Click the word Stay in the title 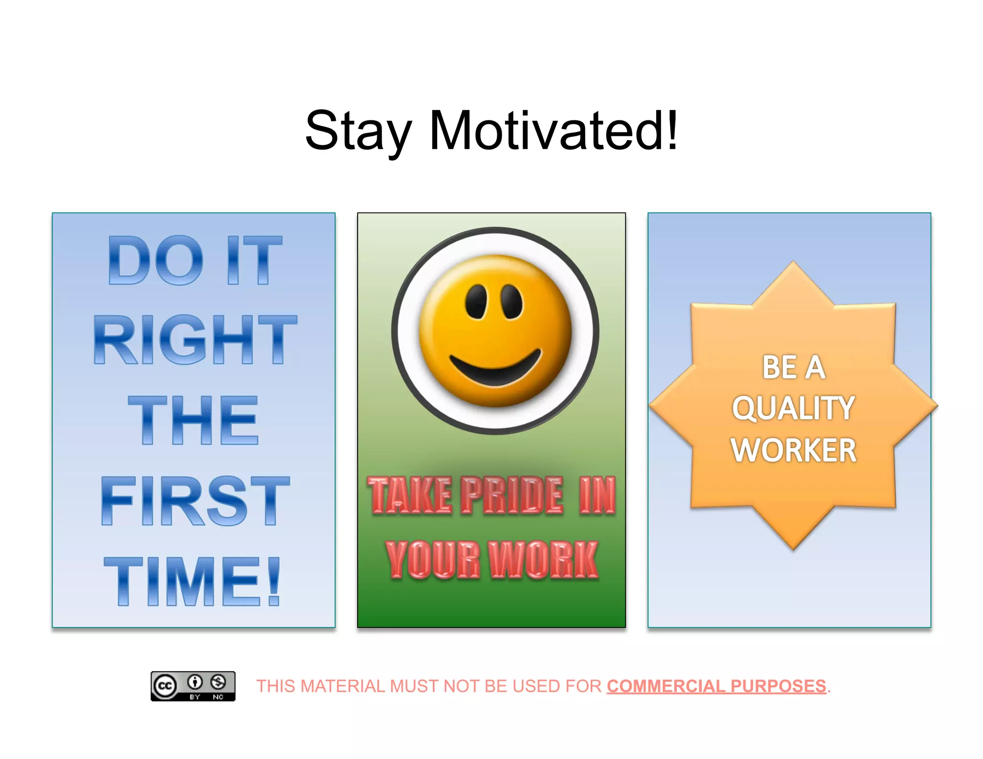pos(358,130)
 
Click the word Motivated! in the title pos(553,130)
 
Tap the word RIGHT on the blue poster pos(195,339)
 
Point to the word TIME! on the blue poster pos(192,581)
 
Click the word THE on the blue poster pos(193,420)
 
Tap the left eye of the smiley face pos(476,301)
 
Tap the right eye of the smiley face pos(512,301)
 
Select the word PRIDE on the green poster pos(512,495)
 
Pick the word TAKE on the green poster pos(410,495)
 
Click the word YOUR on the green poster pos(432,559)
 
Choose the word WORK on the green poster pos(543,559)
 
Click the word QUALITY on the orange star pos(793,408)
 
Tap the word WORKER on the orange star pos(793,450)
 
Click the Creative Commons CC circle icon pos(165,686)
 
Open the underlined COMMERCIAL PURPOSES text pos(716,686)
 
